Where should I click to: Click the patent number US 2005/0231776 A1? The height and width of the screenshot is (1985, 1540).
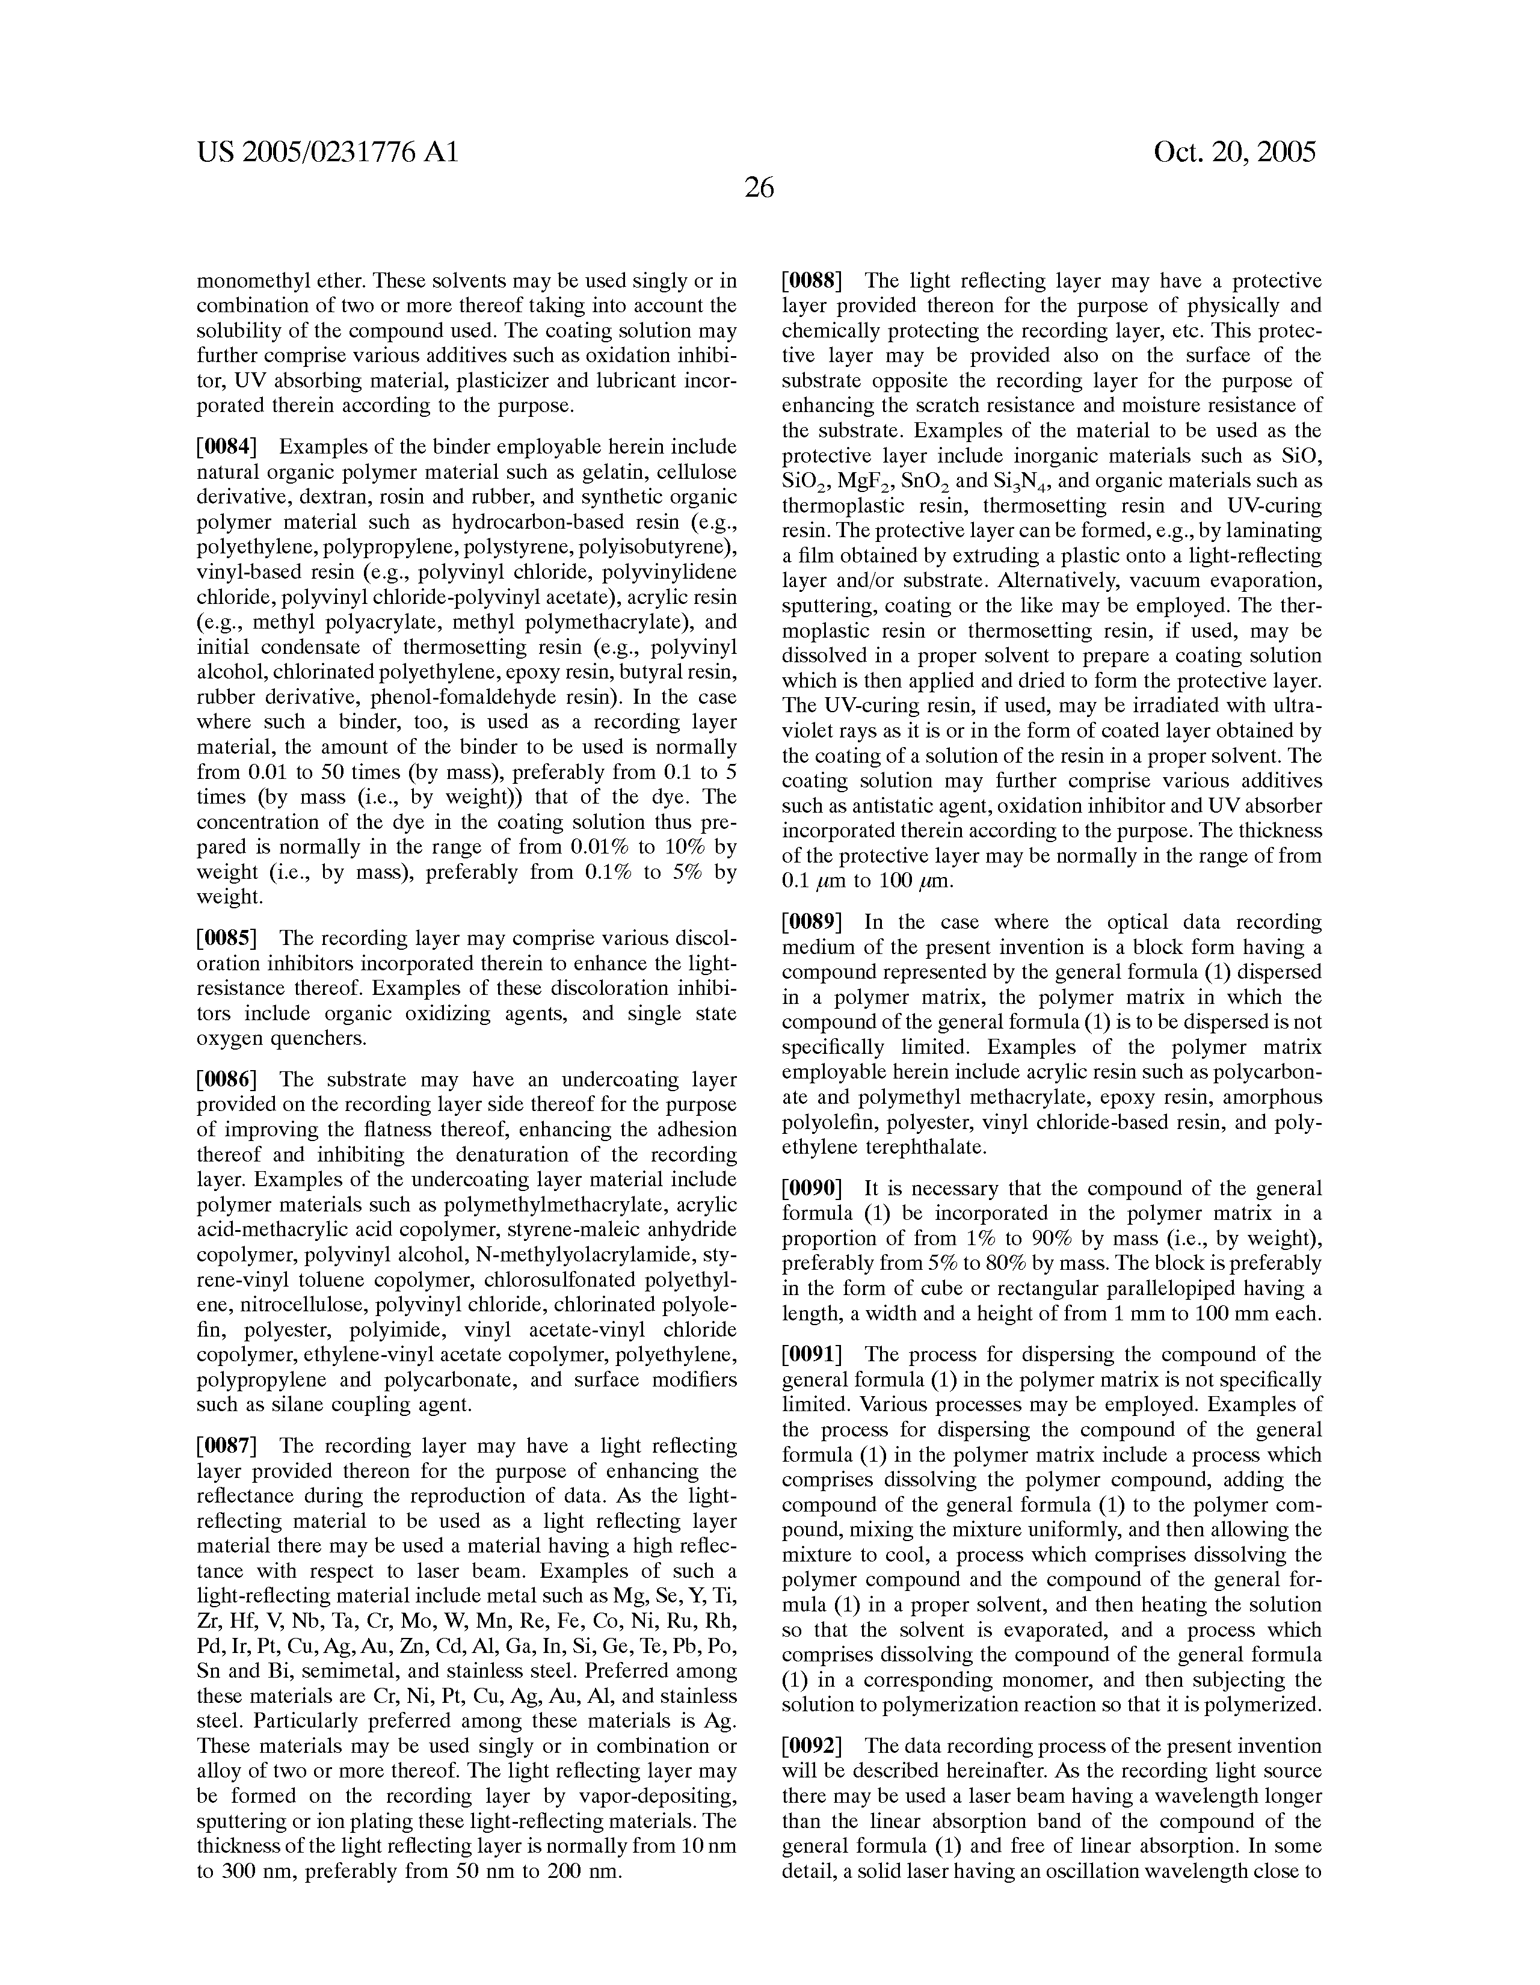(327, 152)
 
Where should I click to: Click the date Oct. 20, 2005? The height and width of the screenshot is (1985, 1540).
(1234, 152)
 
